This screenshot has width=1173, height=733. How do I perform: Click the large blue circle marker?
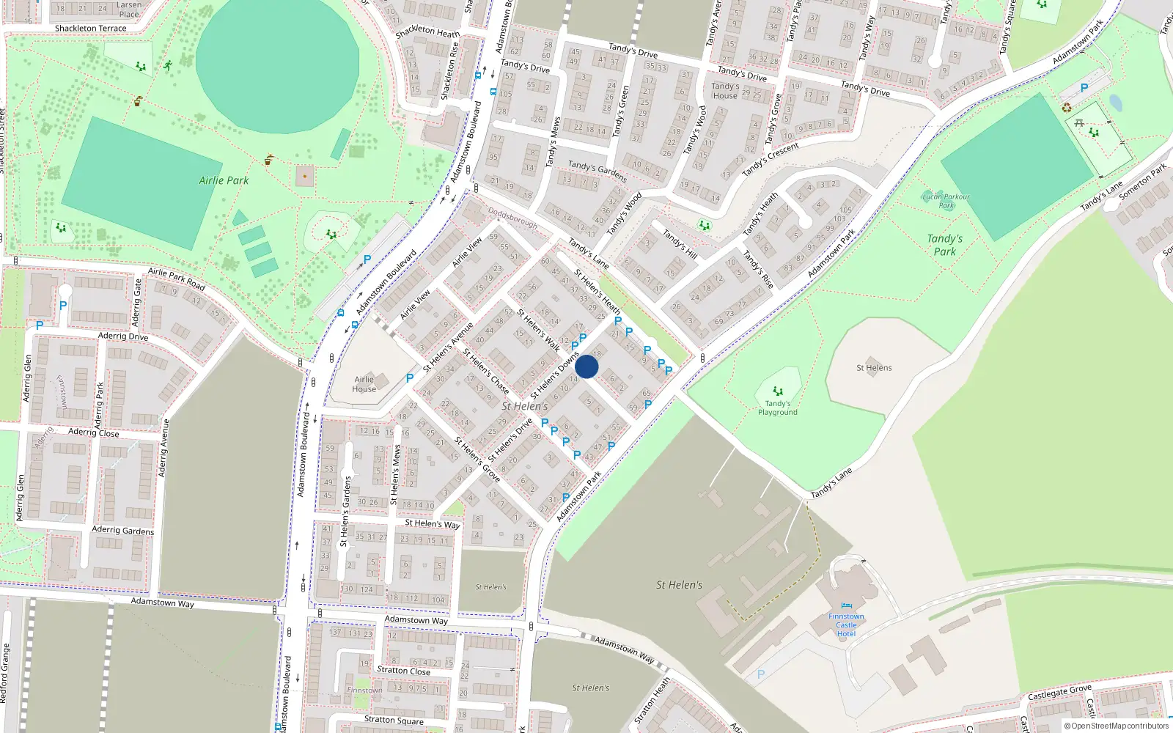click(x=586, y=366)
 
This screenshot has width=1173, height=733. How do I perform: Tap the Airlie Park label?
click(x=224, y=180)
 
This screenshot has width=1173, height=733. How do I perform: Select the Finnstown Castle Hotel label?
click(x=846, y=625)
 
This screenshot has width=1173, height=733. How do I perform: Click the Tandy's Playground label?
click(x=777, y=408)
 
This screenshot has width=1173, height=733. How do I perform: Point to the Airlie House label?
click(x=364, y=384)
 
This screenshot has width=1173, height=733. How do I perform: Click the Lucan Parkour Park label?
click(x=946, y=200)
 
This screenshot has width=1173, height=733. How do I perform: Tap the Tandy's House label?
click(x=725, y=91)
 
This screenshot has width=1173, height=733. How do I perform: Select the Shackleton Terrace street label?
click(x=90, y=29)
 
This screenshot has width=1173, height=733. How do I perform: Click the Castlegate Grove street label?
click(x=1059, y=692)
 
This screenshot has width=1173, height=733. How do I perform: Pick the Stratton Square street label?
click(x=394, y=720)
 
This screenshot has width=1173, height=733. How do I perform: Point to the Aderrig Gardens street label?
click(x=123, y=530)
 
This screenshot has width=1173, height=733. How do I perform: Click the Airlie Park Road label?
click(x=177, y=279)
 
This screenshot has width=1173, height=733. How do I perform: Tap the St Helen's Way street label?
click(x=433, y=523)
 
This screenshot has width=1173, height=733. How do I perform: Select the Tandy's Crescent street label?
click(x=770, y=160)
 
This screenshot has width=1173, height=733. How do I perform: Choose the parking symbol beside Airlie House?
click(x=410, y=378)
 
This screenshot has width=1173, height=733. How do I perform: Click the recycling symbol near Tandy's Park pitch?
click(x=1067, y=108)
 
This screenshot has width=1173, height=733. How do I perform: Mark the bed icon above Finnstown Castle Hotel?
click(x=847, y=606)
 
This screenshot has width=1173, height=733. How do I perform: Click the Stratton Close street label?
click(x=403, y=670)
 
